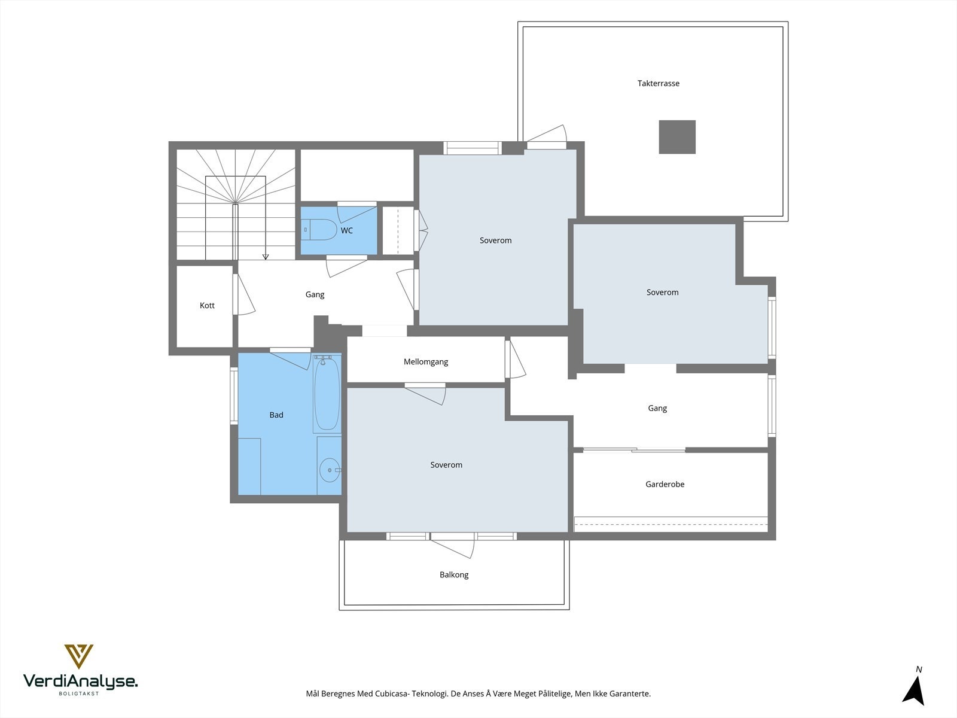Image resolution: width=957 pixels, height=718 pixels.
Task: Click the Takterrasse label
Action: (659, 83)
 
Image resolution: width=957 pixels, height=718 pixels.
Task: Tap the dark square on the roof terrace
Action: (677, 137)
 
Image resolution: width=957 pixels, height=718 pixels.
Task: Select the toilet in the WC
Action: (319, 230)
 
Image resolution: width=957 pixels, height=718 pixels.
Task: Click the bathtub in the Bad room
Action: (327, 394)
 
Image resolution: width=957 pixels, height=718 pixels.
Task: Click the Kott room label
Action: (207, 306)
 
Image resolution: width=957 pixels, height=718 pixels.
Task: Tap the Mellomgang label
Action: (426, 362)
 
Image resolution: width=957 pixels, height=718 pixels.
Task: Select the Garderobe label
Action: (665, 484)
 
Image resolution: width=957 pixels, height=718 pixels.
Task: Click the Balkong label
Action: (454, 575)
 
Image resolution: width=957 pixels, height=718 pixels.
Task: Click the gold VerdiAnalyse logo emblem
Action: (79, 656)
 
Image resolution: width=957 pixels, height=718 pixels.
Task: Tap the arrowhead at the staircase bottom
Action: (266, 257)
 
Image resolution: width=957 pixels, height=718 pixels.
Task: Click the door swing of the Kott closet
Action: (244, 294)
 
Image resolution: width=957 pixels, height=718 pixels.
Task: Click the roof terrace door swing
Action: (547, 133)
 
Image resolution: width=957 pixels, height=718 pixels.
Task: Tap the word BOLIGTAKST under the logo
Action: (79, 693)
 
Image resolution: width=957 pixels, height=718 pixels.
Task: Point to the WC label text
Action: (346, 230)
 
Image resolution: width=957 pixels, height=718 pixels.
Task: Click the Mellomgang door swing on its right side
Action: (516, 358)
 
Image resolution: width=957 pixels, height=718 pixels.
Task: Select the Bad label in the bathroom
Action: (276, 415)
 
